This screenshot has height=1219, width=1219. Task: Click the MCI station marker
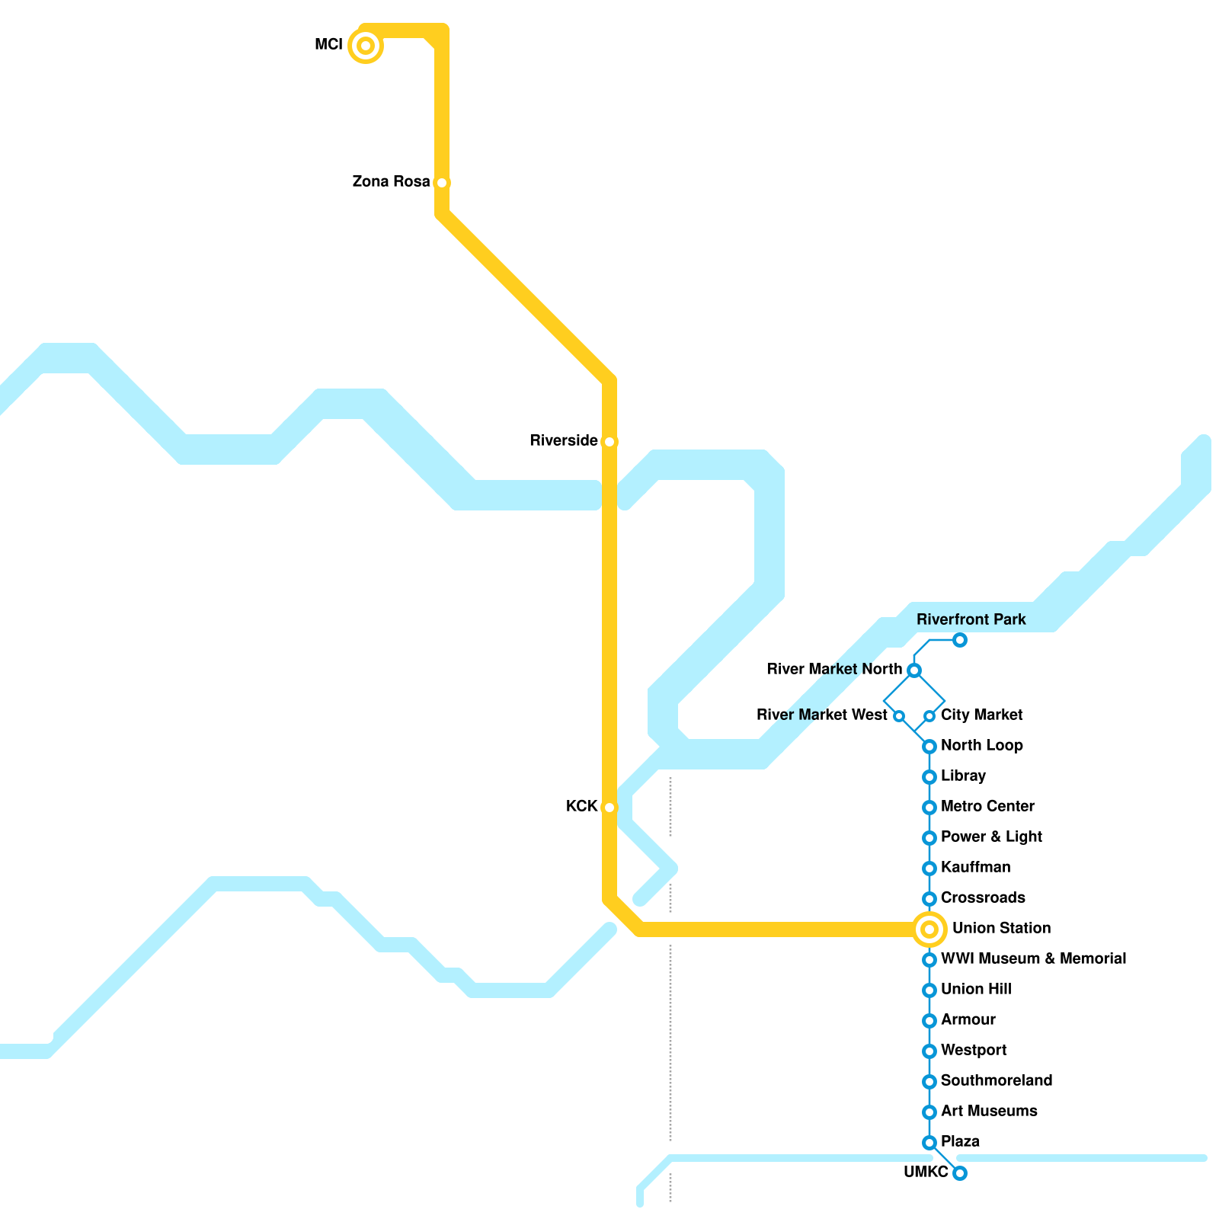(366, 46)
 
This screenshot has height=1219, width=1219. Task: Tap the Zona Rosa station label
(391, 182)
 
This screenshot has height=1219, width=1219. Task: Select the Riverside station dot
(609, 442)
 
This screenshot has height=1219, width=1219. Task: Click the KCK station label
(581, 806)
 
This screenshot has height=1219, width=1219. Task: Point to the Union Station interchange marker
(929, 929)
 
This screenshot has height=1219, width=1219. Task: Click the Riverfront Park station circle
(960, 640)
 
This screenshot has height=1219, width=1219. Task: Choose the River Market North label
(834, 670)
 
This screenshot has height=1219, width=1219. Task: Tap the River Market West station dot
(899, 716)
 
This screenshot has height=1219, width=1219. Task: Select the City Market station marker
(929, 716)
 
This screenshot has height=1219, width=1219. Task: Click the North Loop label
(981, 746)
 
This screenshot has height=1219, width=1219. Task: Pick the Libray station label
(963, 776)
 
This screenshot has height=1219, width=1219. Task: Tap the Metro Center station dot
(929, 808)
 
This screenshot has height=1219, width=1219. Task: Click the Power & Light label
(991, 837)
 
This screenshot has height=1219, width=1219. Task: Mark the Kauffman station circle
(929, 869)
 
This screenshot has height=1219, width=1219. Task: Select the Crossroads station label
(983, 898)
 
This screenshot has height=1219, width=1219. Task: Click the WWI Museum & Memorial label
(1033, 959)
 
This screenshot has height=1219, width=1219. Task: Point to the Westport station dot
(929, 1051)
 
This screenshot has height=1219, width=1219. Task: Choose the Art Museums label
(989, 1112)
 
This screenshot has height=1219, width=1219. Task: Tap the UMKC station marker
(960, 1173)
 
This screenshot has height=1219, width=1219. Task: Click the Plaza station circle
(929, 1143)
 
